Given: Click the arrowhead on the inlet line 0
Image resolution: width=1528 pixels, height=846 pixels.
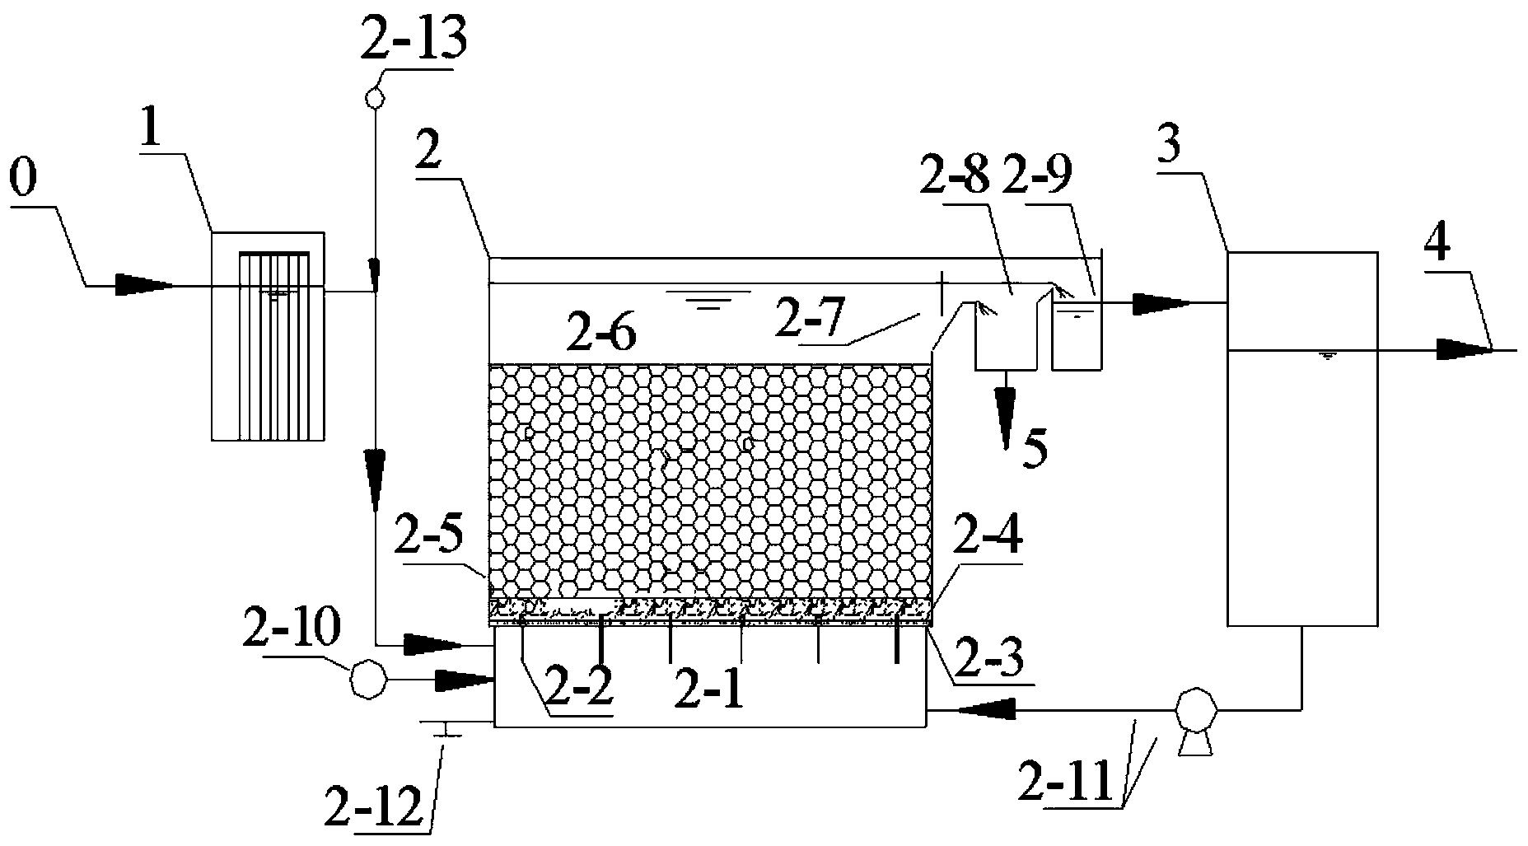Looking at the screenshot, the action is point(144,286).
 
